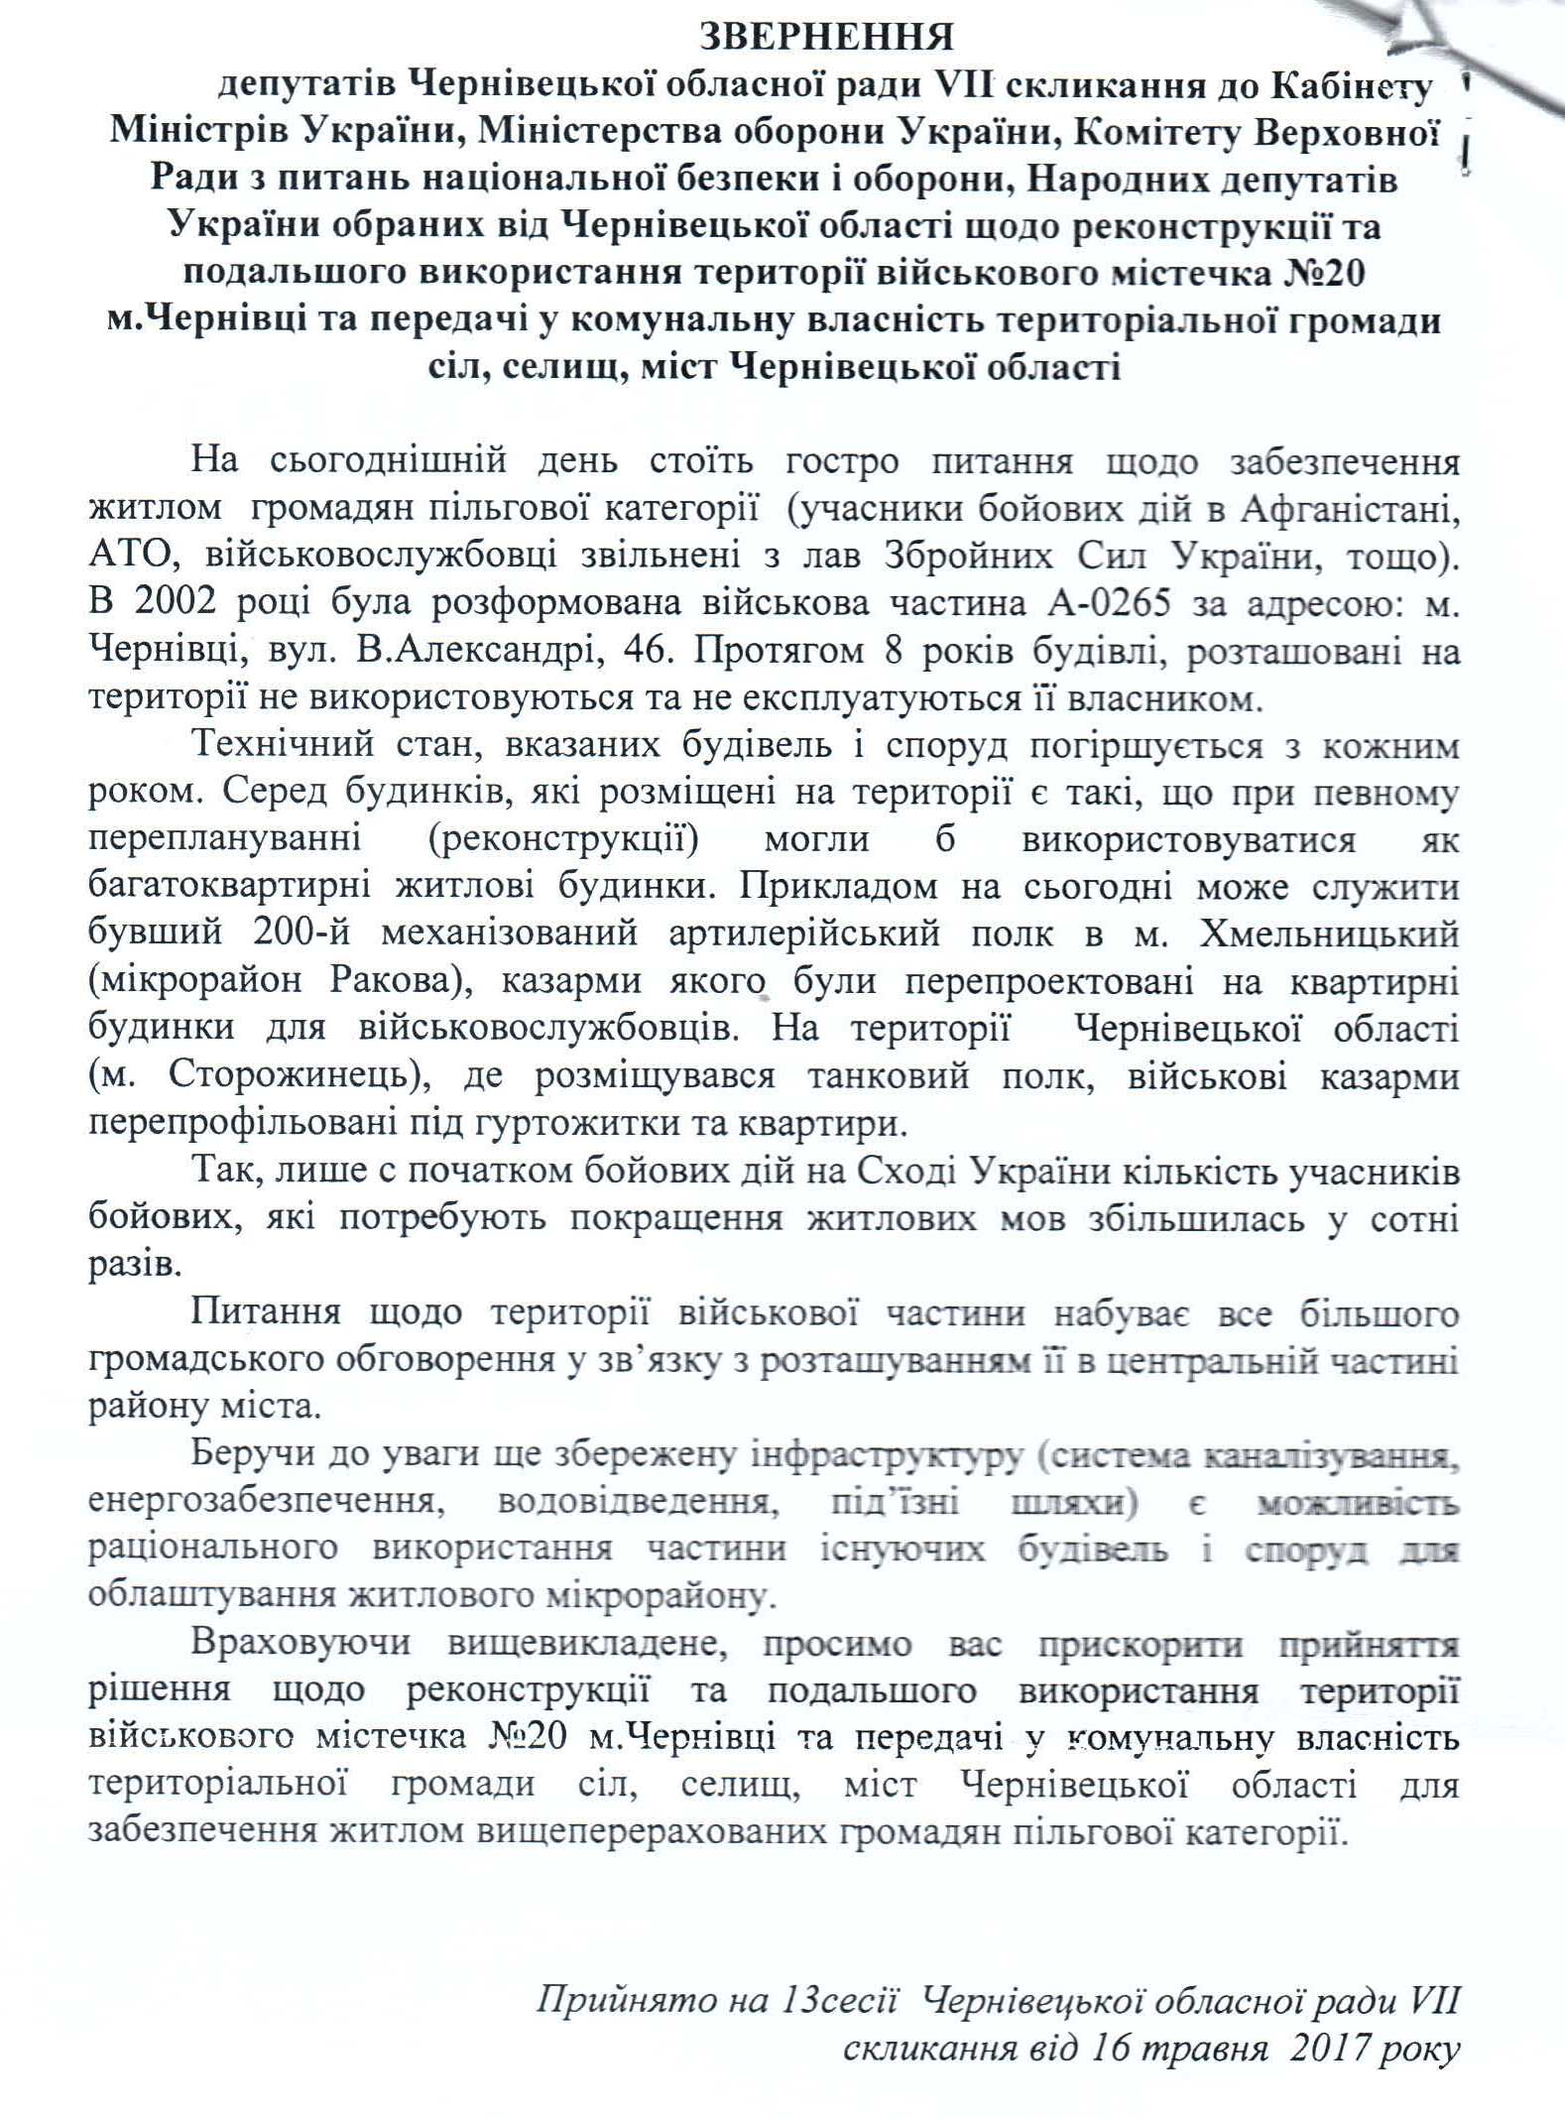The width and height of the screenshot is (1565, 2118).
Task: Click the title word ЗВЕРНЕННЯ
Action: point(826,37)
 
